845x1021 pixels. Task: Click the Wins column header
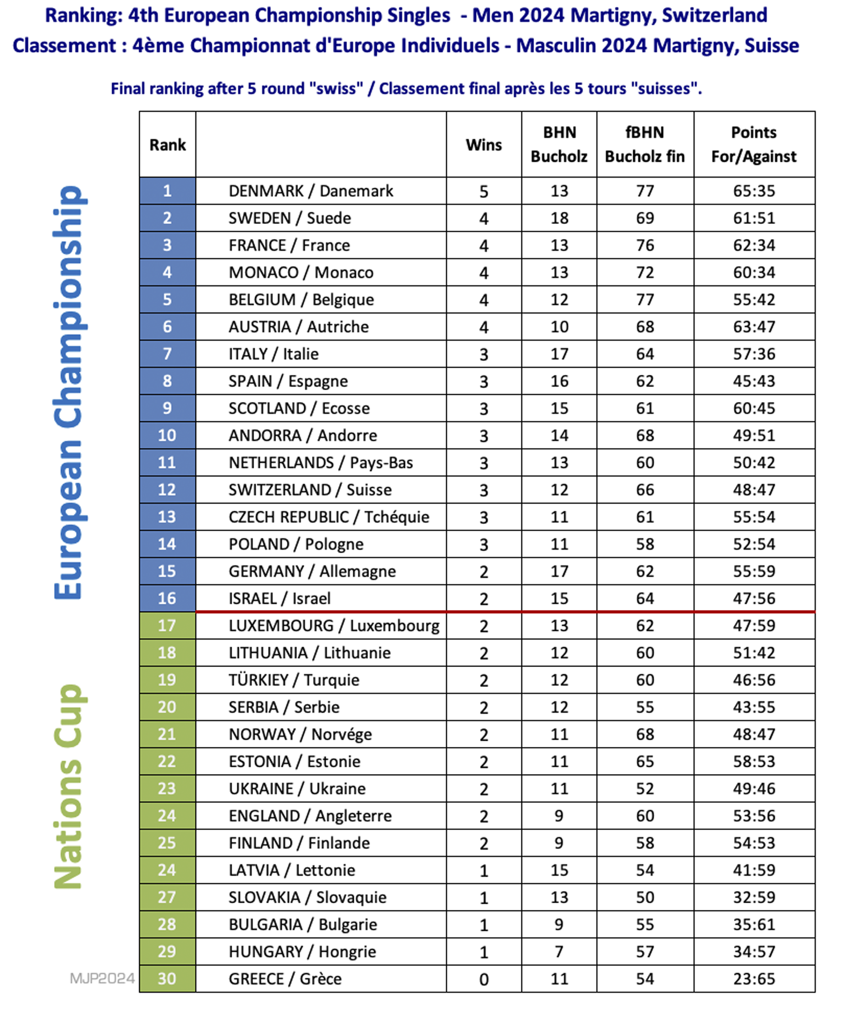click(483, 145)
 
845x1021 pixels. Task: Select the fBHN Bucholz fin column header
click(644, 144)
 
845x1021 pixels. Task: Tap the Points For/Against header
click(754, 144)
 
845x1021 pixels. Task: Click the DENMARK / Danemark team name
click(310, 191)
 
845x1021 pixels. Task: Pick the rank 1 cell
click(167, 191)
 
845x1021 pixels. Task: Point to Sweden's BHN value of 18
click(559, 218)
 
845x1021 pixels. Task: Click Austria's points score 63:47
click(754, 327)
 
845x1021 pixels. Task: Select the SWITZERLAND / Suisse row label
click(310, 490)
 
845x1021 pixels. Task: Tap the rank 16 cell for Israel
click(167, 598)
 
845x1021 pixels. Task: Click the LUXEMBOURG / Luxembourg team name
click(333, 626)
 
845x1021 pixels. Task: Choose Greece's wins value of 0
click(483, 979)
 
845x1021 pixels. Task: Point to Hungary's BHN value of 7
click(559, 952)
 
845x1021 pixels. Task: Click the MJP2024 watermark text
click(102, 978)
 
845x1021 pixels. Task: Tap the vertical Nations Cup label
click(69, 786)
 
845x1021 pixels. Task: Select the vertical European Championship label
click(69, 392)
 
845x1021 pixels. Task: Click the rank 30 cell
click(167, 979)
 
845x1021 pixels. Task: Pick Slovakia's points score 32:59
click(754, 898)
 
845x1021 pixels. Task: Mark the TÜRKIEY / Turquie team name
click(293, 680)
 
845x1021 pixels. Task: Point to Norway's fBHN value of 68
click(644, 735)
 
